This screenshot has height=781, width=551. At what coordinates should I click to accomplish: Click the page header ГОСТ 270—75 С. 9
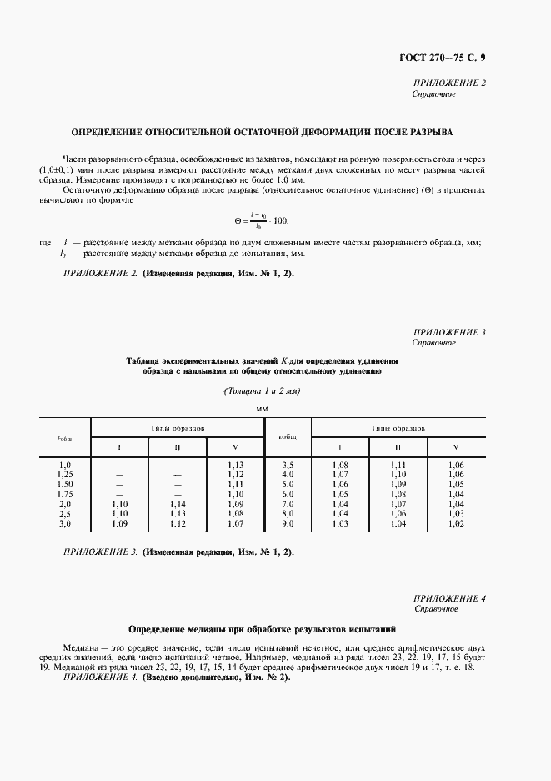[x=448, y=57]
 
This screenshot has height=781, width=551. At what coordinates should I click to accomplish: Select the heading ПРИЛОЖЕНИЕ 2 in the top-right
[x=449, y=83]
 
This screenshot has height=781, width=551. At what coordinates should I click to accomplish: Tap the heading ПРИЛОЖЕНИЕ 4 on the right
[x=449, y=598]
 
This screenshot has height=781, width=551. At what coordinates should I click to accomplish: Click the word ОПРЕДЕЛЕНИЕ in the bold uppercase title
[x=105, y=132]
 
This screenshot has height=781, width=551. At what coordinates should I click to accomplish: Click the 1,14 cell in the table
[x=177, y=504]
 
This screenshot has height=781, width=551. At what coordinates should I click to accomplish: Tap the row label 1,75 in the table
[x=65, y=494]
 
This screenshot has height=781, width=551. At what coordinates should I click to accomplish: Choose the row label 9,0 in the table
[x=288, y=524]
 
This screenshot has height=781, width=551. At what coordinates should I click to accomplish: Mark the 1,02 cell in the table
[x=455, y=524]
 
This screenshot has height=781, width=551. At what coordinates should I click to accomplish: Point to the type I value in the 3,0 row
[x=119, y=524]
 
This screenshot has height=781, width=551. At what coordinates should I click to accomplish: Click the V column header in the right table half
[x=455, y=446]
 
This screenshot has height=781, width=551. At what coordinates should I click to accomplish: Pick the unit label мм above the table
[x=263, y=409]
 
